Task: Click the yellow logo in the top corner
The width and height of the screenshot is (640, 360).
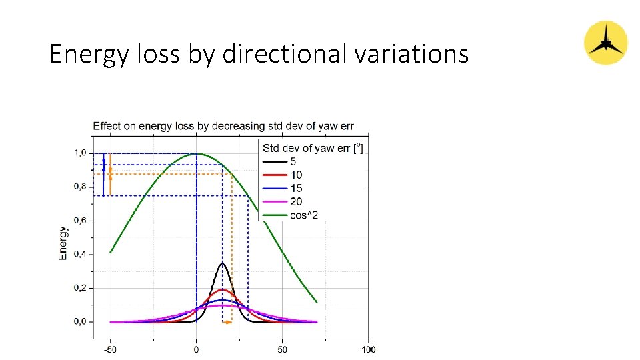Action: (605, 43)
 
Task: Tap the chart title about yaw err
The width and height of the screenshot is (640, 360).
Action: (223, 125)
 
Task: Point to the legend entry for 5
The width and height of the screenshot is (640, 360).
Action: (293, 162)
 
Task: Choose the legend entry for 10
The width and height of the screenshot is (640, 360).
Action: (296, 175)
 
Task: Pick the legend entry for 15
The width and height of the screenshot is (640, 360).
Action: (296, 189)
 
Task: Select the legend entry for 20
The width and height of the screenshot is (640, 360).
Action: (296, 202)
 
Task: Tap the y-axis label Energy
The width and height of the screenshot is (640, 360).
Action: (63, 243)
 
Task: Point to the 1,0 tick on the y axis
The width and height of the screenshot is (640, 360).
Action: (80, 153)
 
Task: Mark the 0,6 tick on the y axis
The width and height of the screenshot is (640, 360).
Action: (80, 221)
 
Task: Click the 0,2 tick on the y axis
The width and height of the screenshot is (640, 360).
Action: (80, 288)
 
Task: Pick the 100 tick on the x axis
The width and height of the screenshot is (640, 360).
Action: (368, 349)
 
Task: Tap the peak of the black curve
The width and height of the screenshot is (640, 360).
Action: (223, 264)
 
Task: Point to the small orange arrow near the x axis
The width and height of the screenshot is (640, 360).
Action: (227, 322)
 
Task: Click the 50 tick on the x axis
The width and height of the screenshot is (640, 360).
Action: (282, 349)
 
